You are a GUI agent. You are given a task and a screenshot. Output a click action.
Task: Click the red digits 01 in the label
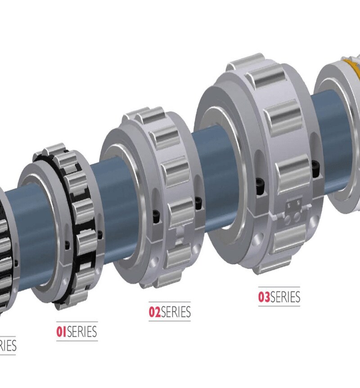pos(61,332)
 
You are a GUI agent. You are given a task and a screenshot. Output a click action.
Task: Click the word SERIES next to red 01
pos(82,332)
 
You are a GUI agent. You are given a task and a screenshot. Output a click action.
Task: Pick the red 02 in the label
pos(154,312)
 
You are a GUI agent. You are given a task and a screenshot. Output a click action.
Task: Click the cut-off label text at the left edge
pos(8,345)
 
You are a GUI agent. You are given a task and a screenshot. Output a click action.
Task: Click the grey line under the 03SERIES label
pos(279,306)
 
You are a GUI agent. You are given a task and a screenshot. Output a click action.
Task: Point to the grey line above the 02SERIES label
pos(170,302)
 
